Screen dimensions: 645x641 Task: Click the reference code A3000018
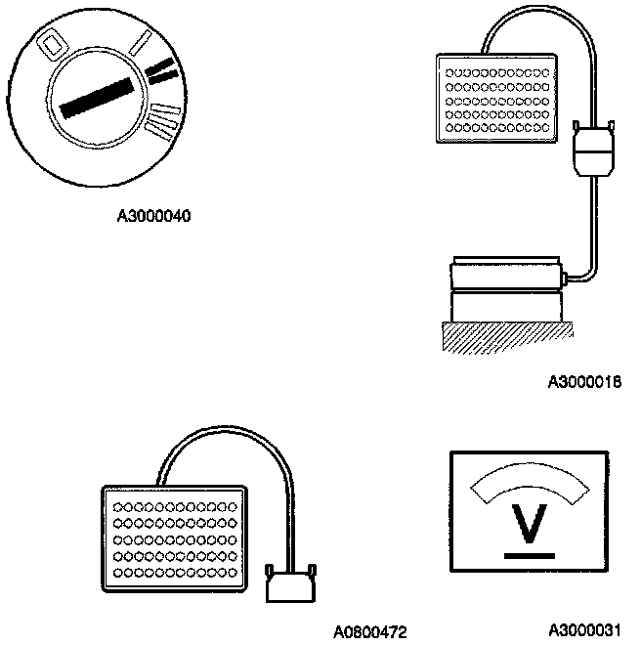(x=584, y=382)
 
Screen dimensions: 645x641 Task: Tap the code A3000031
(x=584, y=630)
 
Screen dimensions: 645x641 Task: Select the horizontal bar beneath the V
(x=529, y=554)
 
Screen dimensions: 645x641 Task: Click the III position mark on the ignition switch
(x=162, y=120)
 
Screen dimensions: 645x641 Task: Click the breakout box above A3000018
(x=497, y=100)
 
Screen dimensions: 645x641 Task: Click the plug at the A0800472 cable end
(x=291, y=587)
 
